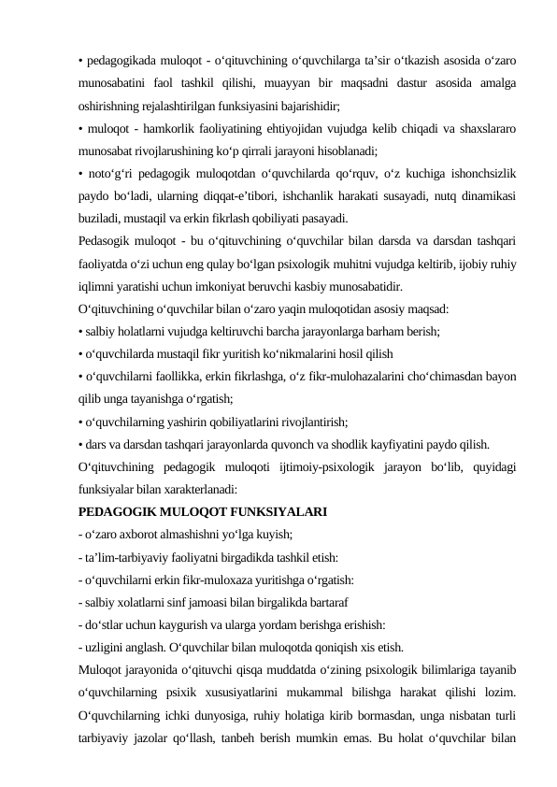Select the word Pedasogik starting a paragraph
105,244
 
